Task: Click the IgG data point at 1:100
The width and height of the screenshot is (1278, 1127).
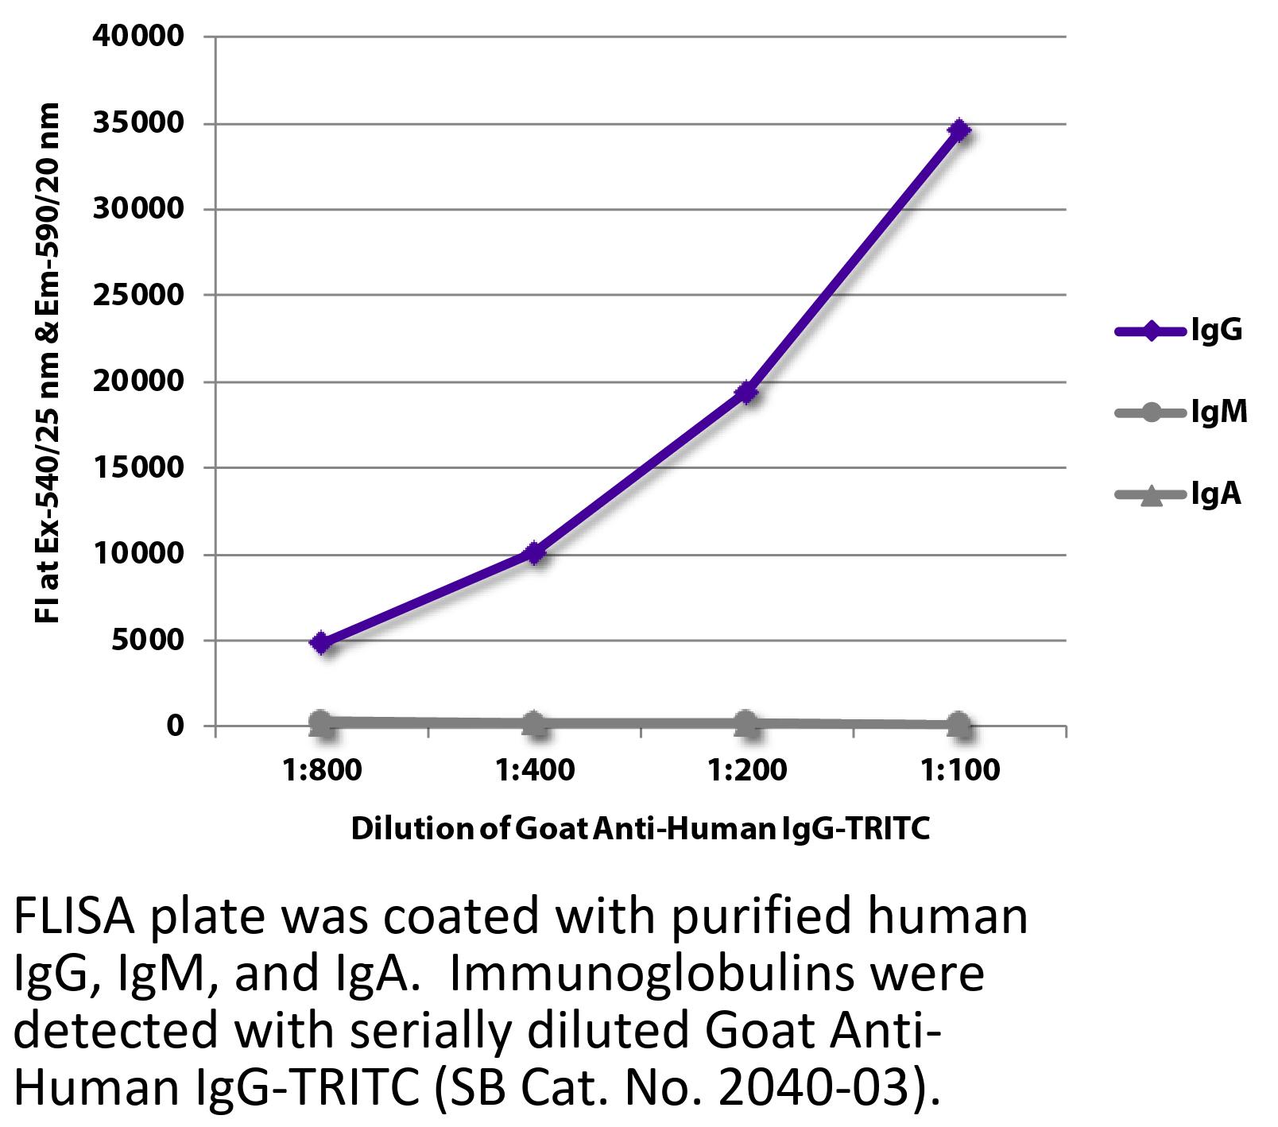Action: (959, 130)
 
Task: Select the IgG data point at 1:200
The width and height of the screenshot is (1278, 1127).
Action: (745, 392)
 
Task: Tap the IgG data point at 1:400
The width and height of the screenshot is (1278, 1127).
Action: (534, 552)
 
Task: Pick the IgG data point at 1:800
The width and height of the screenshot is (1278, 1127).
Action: (321, 642)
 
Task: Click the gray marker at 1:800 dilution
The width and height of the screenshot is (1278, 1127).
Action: (321, 722)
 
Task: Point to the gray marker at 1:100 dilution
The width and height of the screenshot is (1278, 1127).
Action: (959, 724)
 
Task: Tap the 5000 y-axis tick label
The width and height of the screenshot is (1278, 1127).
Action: (146, 641)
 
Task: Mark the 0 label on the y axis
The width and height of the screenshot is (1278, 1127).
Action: (174, 726)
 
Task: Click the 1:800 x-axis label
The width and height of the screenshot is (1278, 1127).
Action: (321, 770)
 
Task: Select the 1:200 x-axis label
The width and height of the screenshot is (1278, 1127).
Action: (745, 770)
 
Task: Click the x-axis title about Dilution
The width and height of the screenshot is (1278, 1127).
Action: (640, 829)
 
